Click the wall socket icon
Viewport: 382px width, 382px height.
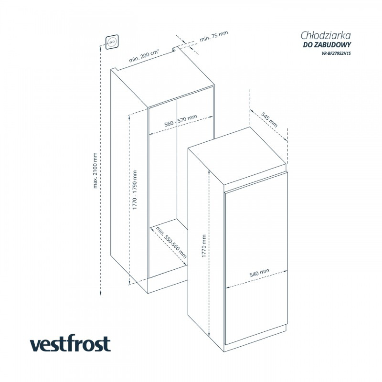click(112, 42)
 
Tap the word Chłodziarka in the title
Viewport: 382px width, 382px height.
click(326, 36)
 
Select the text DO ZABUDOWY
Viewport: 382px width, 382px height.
click(327, 45)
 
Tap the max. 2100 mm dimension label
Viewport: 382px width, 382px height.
click(95, 170)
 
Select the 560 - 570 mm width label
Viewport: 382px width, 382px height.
click(181, 121)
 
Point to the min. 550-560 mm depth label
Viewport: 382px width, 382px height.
click(171, 242)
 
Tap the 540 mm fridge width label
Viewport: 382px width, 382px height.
click(259, 272)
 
